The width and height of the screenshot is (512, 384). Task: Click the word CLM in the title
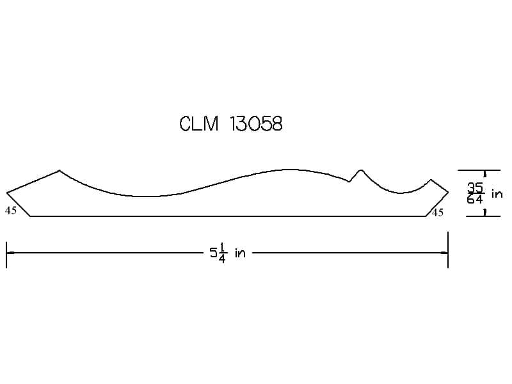point(199,124)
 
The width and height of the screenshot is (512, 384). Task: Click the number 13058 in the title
point(256,124)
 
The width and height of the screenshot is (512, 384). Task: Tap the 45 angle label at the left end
point(11,211)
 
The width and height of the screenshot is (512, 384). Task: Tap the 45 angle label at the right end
point(438,212)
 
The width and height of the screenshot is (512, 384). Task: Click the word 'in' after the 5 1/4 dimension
point(240,253)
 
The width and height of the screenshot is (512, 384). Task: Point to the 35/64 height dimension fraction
point(475,193)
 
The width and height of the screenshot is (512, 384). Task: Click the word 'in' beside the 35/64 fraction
point(497,194)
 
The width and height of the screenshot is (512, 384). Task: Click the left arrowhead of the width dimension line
point(10,253)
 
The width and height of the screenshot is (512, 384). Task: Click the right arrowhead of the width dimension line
point(444,253)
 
